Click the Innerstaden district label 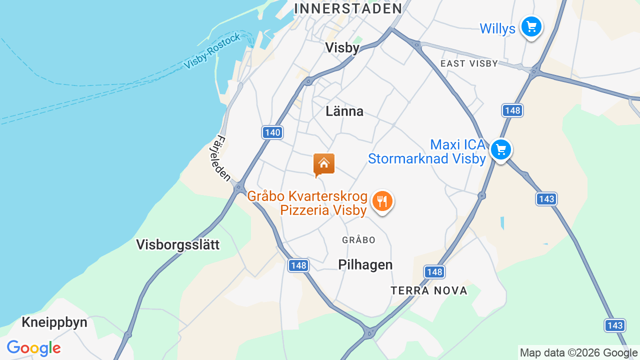click(348, 8)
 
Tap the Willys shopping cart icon click(531, 26)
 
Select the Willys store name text click(497, 28)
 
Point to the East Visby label click(469, 63)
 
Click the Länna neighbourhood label click(344, 111)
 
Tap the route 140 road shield click(272, 132)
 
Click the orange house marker click(324, 164)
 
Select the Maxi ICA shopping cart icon click(500, 149)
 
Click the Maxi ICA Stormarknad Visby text click(427, 152)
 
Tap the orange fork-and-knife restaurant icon click(382, 201)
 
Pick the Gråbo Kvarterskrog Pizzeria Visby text click(308, 203)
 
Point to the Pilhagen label click(365, 264)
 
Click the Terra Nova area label click(429, 290)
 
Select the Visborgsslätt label click(178, 244)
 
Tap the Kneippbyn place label click(54, 322)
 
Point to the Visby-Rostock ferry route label click(212, 51)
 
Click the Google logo click(34, 348)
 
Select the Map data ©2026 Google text click(579, 353)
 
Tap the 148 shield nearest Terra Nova click(434, 272)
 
